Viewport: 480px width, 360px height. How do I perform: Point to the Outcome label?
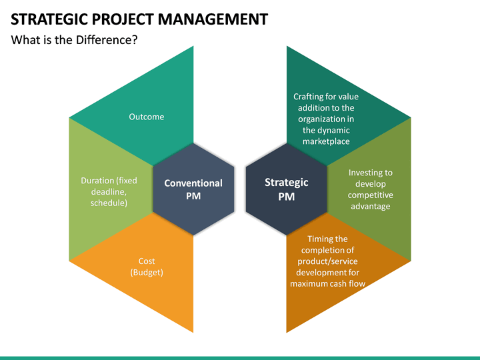tap(146, 117)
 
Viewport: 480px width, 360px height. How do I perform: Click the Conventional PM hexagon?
tap(193, 189)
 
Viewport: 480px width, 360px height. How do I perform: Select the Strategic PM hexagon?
tap(287, 189)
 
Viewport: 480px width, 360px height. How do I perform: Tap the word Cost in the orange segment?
tap(147, 261)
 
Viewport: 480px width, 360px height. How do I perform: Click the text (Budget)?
tap(147, 273)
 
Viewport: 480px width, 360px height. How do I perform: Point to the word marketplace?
tap(326, 141)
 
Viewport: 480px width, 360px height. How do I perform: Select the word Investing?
tap(370, 173)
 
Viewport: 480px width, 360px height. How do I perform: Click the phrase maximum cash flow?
tap(327, 283)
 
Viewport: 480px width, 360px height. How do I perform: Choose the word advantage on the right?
tap(370, 206)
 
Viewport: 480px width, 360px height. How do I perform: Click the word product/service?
tap(327, 261)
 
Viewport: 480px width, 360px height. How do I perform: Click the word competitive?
tap(370, 195)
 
